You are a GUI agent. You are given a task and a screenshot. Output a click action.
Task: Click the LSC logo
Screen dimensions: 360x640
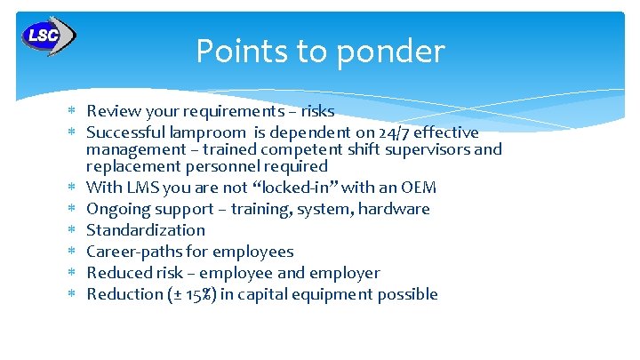click(x=48, y=36)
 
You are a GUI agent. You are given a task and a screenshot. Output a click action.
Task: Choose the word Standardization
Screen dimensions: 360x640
click(x=146, y=230)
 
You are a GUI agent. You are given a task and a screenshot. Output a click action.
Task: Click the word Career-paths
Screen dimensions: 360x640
click(x=135, y=252)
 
